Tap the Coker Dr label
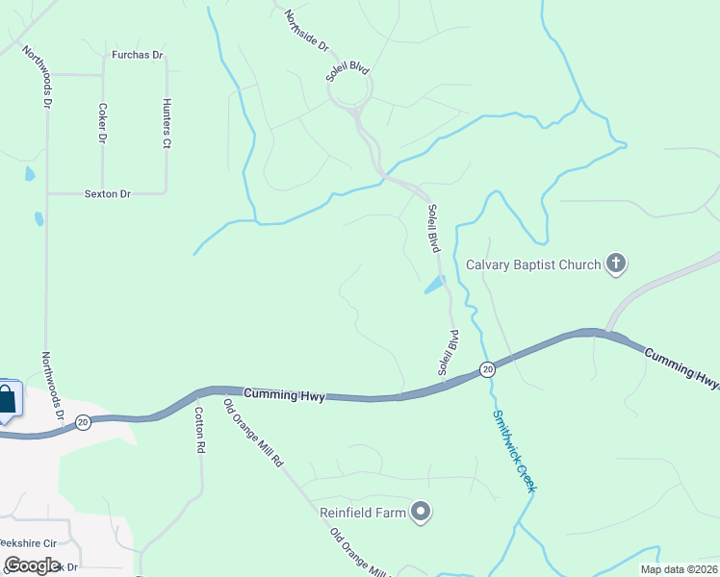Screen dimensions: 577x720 pyautogui.click(x=101, y=123)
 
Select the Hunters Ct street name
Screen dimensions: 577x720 pyautogui.click(x=167, y=123)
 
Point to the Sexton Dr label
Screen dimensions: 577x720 pyautogui.click(x=107, y=194)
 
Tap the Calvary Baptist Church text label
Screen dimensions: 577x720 pyautogui.click(x=533, y=263)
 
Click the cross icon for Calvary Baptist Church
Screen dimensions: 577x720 pyautogui.click(x=616, y=263)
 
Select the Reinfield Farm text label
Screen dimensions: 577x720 pyautogui.click(x=363, y=513)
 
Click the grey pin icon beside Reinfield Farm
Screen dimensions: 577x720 pyautogui.click(x=420, y=513)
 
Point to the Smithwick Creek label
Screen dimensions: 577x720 pyautogui.click(x=513, y=451)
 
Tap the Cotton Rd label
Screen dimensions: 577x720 pyautogui.click(x=199, y=430)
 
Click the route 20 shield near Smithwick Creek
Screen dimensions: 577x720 pyautogui.click(x=487, y=369)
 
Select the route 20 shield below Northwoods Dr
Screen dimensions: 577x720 pyautogui.click(x=84, y=421)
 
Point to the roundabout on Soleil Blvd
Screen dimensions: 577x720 pyautogui.click(x=349, y=92)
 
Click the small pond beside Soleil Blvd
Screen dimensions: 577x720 pyautogui.click(x=434, y=286)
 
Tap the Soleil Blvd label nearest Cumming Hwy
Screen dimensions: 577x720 pyautogui.click(x=448, y=353)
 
